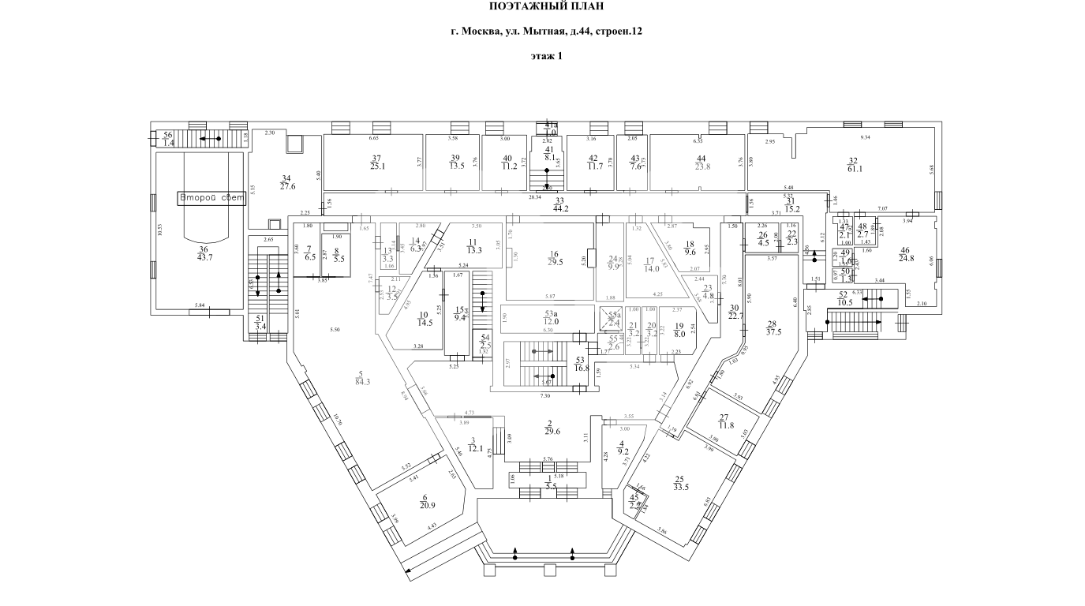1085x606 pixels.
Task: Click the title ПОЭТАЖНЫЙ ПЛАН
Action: (x=547, y=7)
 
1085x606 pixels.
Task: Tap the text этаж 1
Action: (x=547, y=56)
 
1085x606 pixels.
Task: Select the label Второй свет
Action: (x=211, y=198)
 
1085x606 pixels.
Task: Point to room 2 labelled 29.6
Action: (x=552, y=426)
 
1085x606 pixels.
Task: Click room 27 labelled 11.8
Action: (x=723, y=421)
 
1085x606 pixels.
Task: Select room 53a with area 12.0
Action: (x=550, y=316)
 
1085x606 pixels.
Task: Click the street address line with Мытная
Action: (x=546, y=32)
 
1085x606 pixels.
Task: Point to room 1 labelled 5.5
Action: (x=550, y=482)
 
